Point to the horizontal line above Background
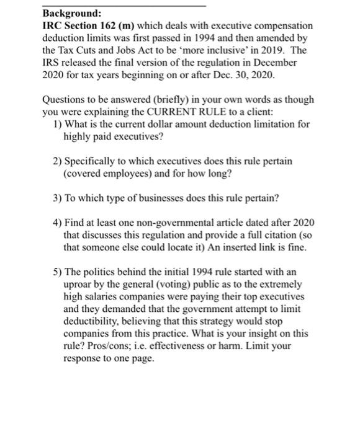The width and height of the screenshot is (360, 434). pyautogui.click(x=124, y=5)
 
